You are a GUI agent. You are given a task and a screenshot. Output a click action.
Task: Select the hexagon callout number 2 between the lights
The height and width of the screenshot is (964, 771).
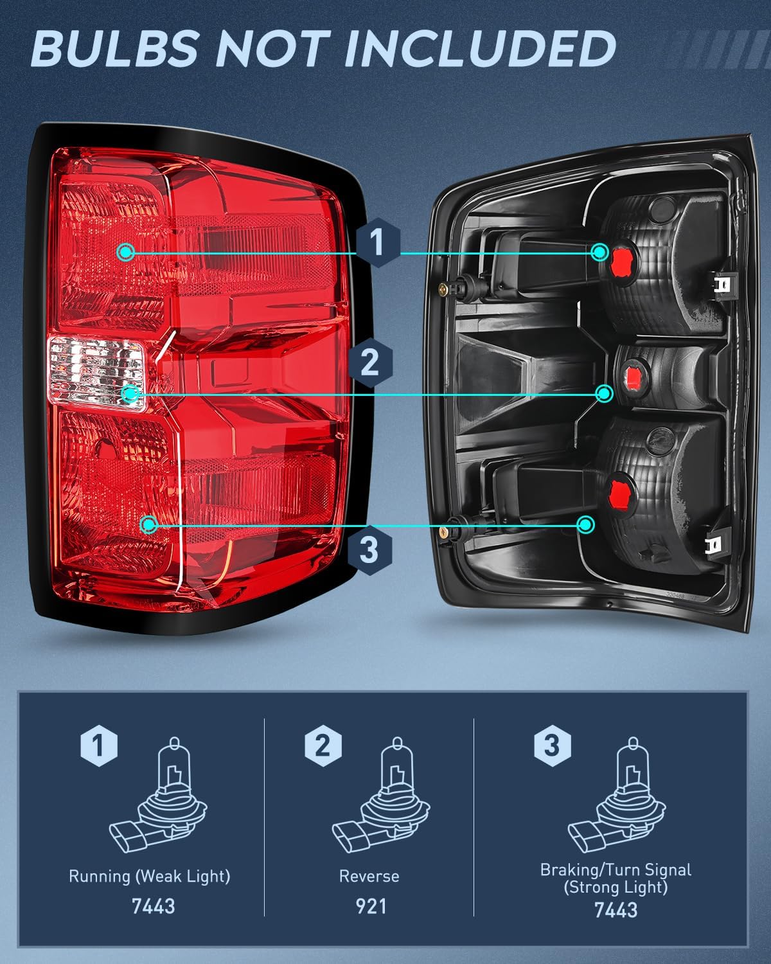click(369, 362)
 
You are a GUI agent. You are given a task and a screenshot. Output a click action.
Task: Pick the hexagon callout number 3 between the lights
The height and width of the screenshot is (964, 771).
click(368, 550)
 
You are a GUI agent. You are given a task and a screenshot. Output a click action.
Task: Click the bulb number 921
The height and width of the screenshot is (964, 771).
click(371, 906)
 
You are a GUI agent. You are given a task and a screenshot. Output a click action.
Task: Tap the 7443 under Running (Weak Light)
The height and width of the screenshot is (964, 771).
click(153, 906)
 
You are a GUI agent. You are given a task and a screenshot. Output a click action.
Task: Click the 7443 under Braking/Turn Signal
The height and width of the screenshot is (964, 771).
click(616, 910)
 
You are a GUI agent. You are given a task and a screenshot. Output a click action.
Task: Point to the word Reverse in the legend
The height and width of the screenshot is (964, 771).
click(369, 877)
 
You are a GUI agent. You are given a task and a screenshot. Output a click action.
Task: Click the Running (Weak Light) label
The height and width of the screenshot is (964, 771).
click(149, 876)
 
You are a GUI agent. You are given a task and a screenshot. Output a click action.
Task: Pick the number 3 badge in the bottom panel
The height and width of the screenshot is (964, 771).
click(551, 746)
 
